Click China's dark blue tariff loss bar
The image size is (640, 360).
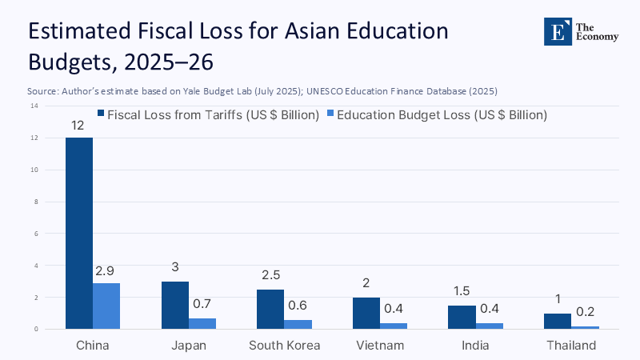[x=79, y=233]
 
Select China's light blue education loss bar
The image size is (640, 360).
[x=106, y=306]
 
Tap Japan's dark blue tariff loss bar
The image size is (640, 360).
[x=174, y=305]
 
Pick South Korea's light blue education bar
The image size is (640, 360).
[x=298, y=324]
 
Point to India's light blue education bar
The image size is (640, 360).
[x=489, y=326]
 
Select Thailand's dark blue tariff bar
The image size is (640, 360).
[x=557, y=321]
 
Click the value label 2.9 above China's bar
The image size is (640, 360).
[x=106, y=273]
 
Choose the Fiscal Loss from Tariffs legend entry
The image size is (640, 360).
[x=207, y=115]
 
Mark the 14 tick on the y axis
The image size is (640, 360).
[x=34, y=106]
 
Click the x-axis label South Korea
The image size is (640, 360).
[x=284, y=346]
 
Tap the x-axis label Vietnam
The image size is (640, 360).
[x=379, y=346]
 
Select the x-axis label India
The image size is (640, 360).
[x=475, y=346]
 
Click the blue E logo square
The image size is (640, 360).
[x=558, y=30]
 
